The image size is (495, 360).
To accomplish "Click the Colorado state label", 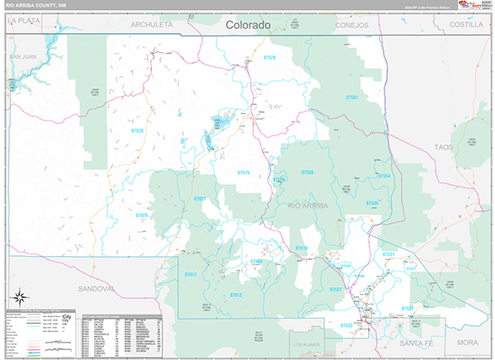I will click(x=248, y=26).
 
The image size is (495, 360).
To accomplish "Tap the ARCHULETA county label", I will click(x=152, y=26).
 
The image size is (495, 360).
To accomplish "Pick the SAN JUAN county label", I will click(x=24, y=56).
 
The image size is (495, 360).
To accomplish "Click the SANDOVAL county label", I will click(x=95, y=289).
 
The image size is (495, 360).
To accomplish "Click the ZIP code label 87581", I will click(x=352, y=97).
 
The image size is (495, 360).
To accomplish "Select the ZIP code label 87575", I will click(x=243, y=173).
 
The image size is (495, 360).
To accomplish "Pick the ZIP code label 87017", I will click(x=191, y=273).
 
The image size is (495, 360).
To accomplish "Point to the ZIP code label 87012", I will click(x=236, y=295).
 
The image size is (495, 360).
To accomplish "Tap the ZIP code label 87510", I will click(x=300, y=248).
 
